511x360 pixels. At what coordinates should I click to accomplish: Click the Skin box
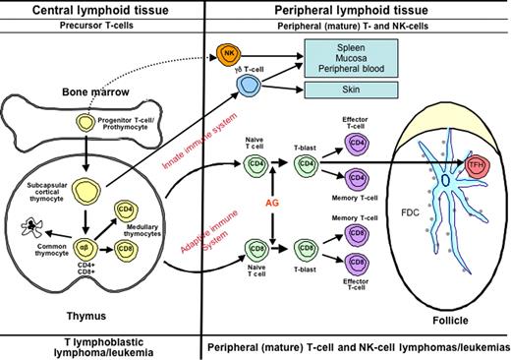click(x=357, y=90)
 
